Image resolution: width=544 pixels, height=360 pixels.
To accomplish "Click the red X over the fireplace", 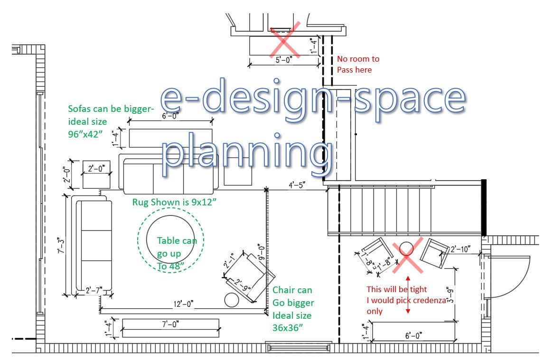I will pyautogui.click(x=285, y=39).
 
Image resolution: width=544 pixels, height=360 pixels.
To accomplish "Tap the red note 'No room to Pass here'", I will pyautogui.click(x=358, y=65).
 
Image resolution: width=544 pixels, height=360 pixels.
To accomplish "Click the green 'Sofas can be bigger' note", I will pyautogui.click(x=111, y=121).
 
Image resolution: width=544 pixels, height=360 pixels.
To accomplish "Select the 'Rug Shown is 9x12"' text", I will pyautogui.click(x=174, y=202).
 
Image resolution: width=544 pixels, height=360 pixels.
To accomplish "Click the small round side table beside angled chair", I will pyautogui.click(x=232, y=300).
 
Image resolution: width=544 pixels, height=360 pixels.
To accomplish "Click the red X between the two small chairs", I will pyautogui.click(x=408, y=255).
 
